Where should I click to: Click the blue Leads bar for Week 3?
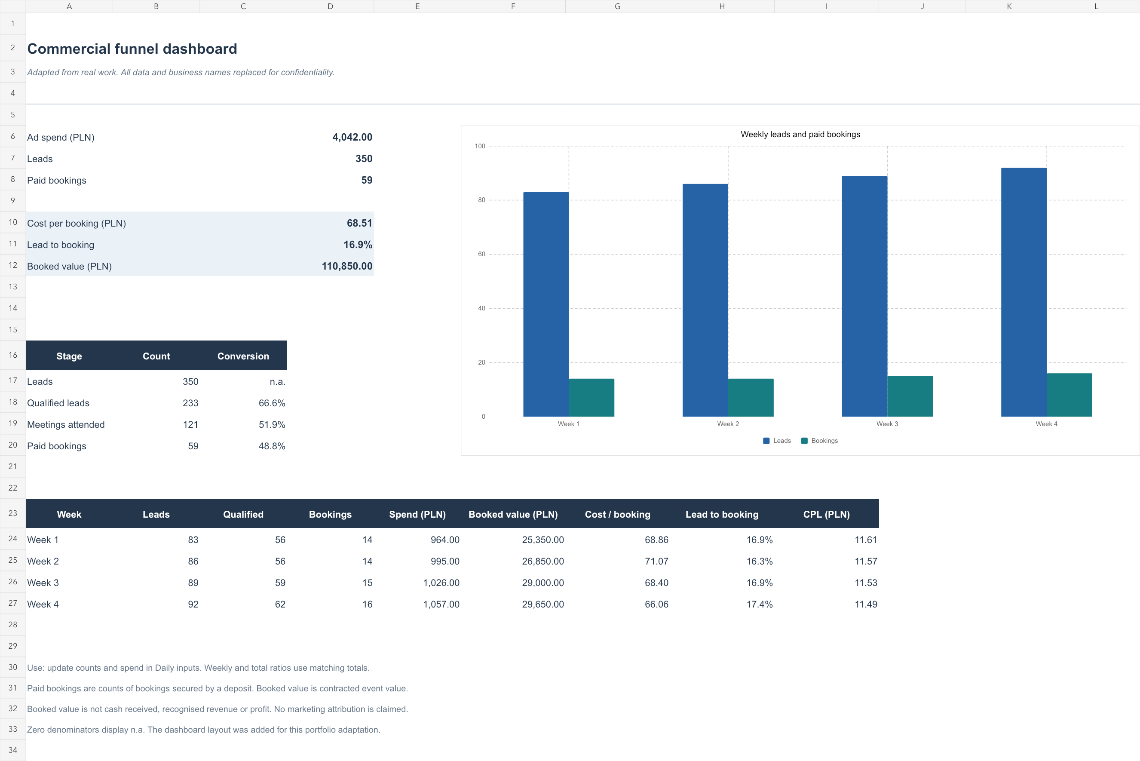864,296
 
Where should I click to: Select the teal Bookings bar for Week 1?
591,398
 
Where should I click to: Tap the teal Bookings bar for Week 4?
1069,395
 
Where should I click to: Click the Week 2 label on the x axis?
728,423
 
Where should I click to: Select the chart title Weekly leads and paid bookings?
800,135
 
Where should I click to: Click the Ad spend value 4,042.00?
352,137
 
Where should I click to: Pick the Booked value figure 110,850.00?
347,266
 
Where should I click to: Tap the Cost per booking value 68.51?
359,223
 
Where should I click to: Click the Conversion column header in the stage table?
243,356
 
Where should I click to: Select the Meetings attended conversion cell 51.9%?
272,425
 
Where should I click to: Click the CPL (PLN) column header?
826,515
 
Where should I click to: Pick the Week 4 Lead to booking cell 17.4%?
759,604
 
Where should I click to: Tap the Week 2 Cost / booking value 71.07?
656,562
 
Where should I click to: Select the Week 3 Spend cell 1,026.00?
441,583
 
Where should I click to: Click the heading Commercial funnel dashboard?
132,49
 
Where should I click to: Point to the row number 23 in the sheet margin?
12,513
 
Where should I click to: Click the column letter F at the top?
513,6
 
